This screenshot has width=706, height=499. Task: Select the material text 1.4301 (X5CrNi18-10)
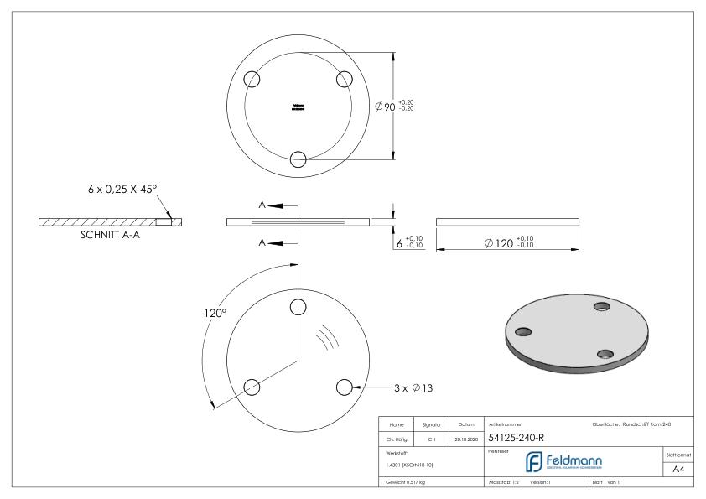click(410, 464)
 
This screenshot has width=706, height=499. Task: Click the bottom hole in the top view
click(298, 159)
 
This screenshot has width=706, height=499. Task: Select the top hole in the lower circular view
click(298, 306)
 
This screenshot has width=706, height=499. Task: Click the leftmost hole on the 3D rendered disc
click(522, 331)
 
